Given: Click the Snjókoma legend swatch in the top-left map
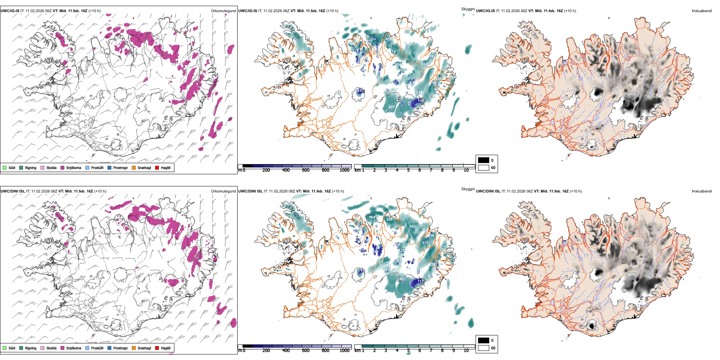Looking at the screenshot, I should [63, 167].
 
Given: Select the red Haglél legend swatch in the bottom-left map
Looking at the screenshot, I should [157, 348].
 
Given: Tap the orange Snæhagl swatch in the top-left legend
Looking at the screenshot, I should [134, 167].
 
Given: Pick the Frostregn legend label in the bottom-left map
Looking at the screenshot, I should [120, 348].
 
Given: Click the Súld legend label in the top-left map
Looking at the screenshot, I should [12, 167].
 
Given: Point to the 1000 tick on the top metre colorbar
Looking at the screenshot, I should [344, 170].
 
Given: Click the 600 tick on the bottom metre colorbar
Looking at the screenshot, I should [306, 351].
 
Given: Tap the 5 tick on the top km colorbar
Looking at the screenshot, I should [409, 170].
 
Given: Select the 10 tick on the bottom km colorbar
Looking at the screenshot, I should [466, 351].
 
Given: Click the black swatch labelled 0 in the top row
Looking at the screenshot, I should [484, 160].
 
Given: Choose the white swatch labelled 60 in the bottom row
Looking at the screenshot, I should [484, 348].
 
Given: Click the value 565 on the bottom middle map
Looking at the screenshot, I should [412, 227].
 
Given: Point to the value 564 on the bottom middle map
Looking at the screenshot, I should [372, 217].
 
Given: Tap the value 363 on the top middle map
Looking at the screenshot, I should [424, 64].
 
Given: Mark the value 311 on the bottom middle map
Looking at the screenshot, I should [425, 243].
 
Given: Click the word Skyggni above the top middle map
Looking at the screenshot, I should [468, 9].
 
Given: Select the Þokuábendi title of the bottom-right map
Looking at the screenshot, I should [702, 191].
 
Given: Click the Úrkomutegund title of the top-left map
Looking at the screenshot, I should [223, 11].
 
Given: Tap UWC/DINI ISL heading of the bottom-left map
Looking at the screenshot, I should [13, 191].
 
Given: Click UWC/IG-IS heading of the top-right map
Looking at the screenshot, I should [485, 11].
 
